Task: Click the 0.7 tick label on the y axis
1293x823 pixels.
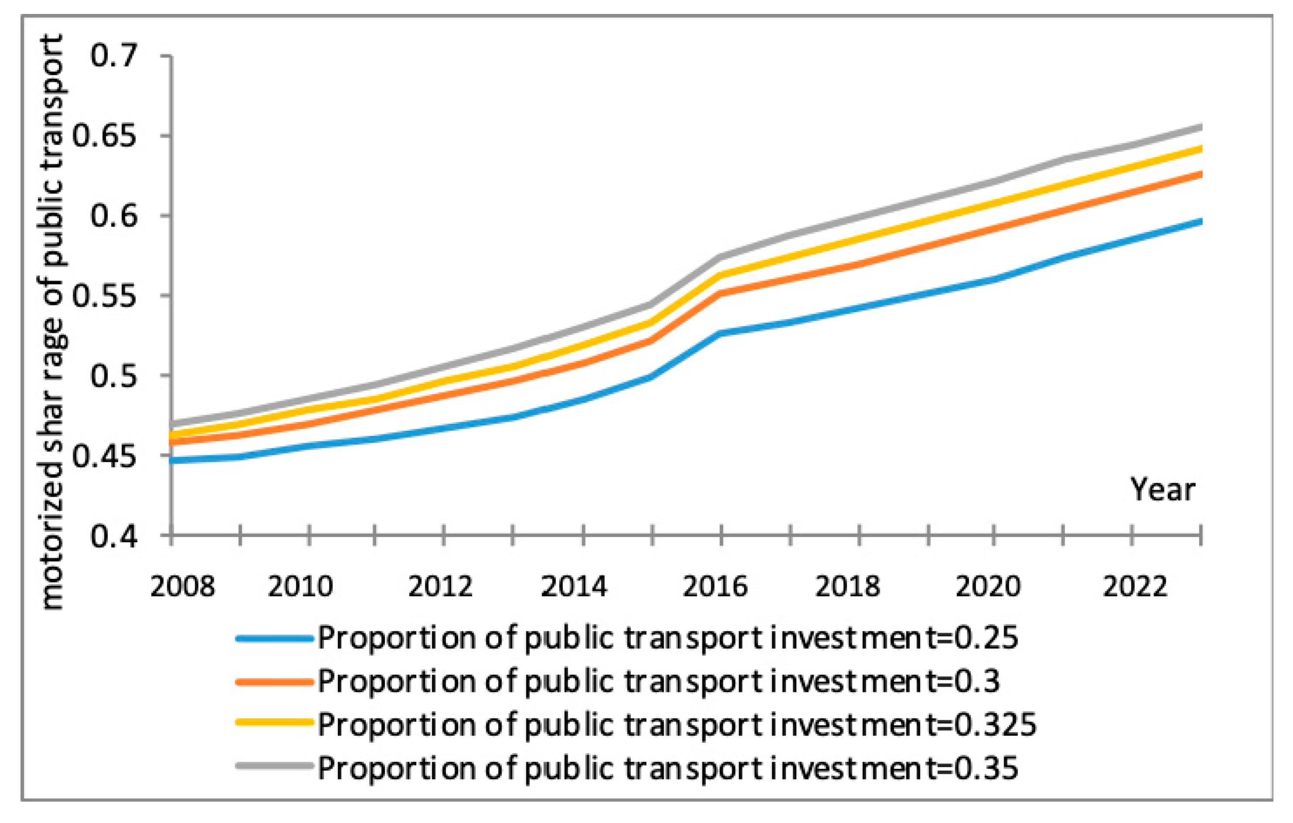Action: pyautogui.click(x=114, y=56)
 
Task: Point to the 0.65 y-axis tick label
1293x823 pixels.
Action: pyautogui.click(x=104, y=136)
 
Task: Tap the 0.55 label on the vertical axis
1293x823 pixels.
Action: pyautogui.click(x=104, y=296)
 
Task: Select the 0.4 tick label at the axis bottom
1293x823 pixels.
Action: pyautogui.click(x=114, y=536)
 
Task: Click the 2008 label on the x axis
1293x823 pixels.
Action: pyautogui.click(x=182, y=586)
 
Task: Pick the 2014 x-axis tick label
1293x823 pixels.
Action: pyautogui.click(x=574, y=586)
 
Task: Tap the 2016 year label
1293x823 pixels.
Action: pyautogui.click(x=715, y=586)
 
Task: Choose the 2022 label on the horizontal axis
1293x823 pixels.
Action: pyautogui.click(x=1135, y=586)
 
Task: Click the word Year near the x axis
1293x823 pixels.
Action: pyautogui.click(x=1163, y=490)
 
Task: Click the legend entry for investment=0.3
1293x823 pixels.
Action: pyautogui.click(x=658, y=682)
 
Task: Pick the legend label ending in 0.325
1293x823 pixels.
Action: pyautogui.click(x=676, y=725)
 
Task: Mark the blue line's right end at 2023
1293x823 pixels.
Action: pyautogui.click(x=1201, y=221)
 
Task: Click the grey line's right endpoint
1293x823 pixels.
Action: pyautogui.click(x=1201, y=127)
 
